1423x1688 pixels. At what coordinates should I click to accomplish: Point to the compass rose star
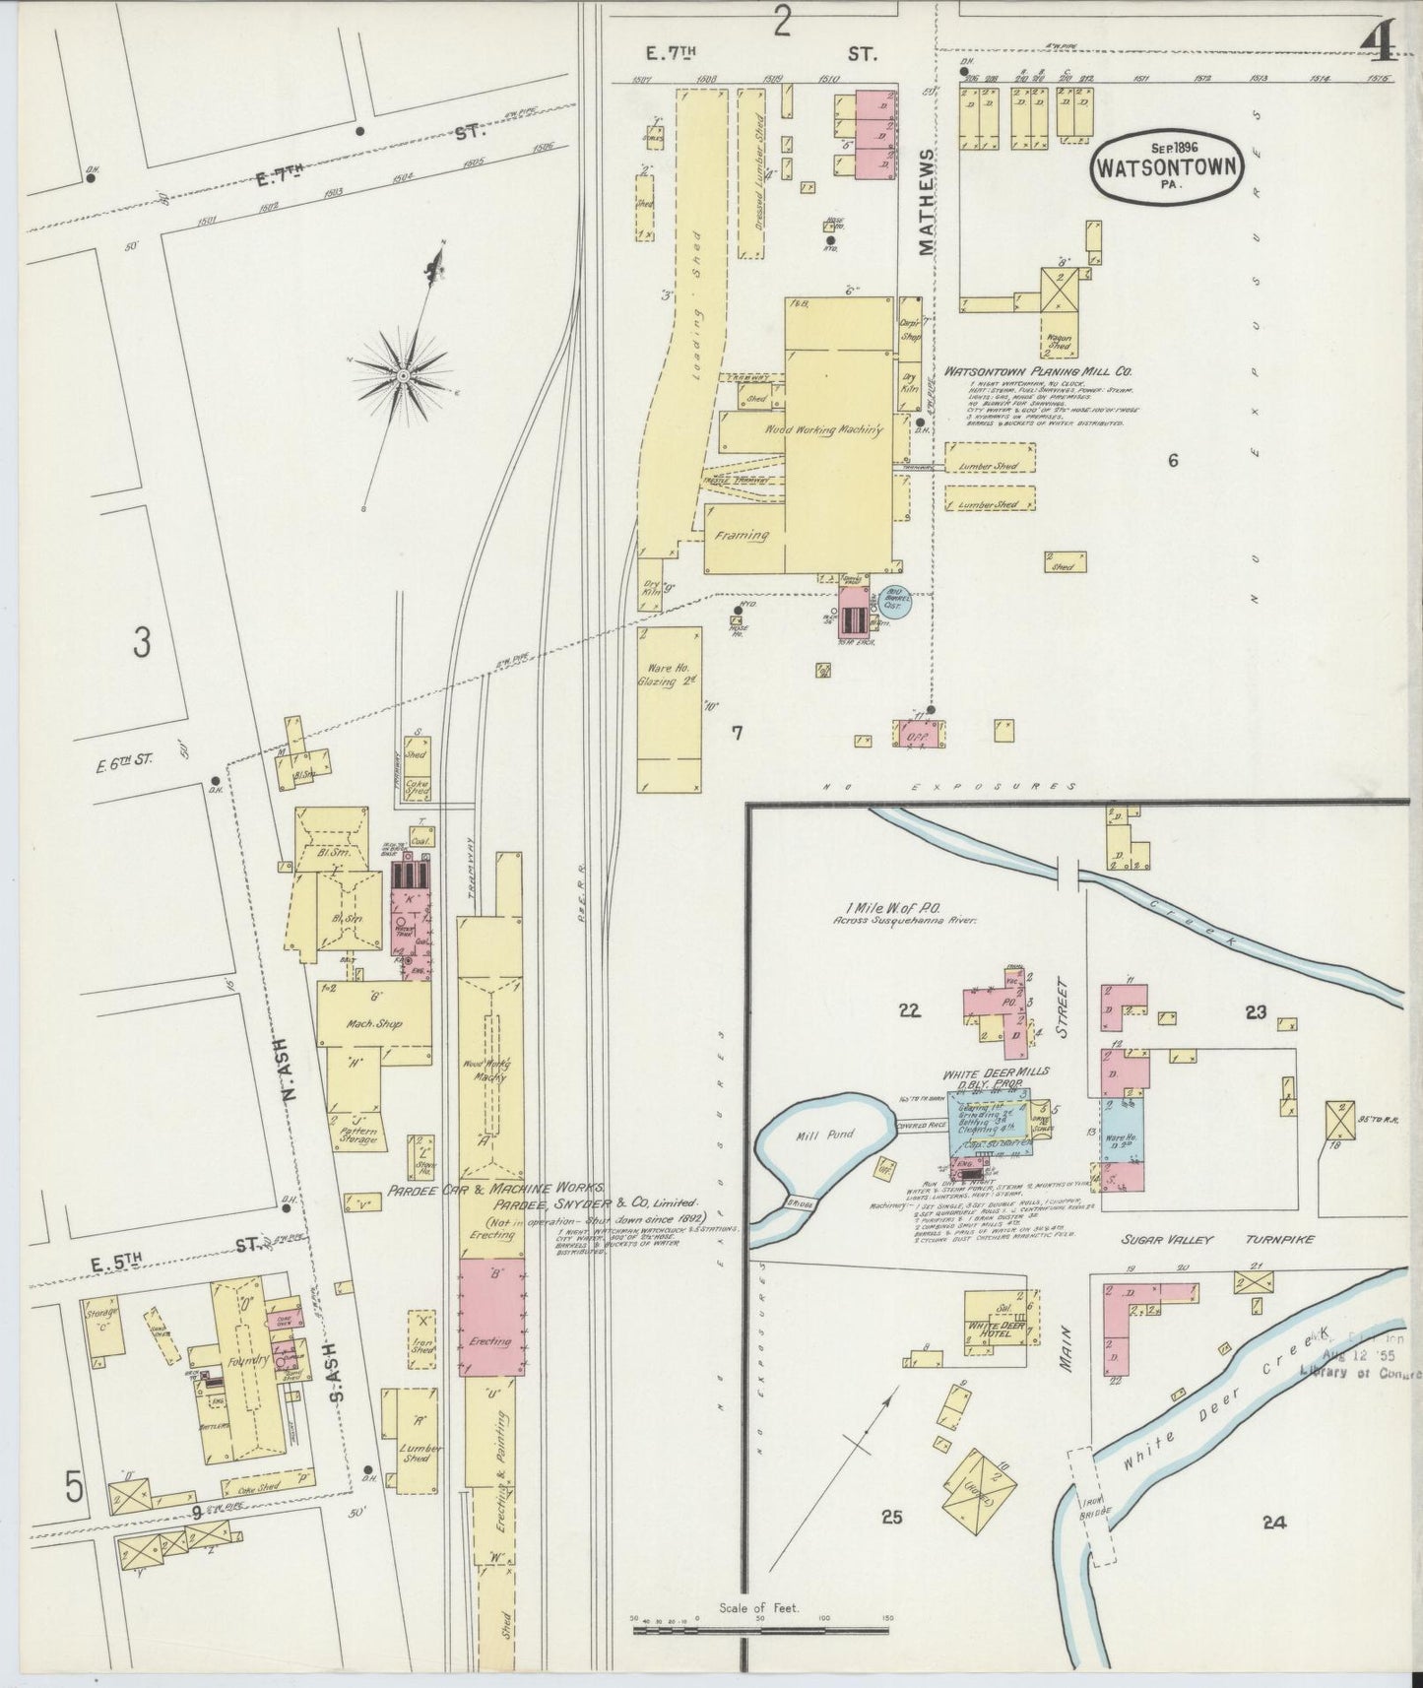pos(403,373)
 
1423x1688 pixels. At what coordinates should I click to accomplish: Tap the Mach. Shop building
pos(375,1023)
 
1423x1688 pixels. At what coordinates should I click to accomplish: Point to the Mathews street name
pos(928,203)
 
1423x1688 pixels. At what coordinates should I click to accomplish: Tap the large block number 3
pos(143,644)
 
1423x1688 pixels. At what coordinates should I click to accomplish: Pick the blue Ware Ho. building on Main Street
pos(1122,1133)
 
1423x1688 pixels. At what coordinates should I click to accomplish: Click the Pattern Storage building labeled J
pos(360,1131)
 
